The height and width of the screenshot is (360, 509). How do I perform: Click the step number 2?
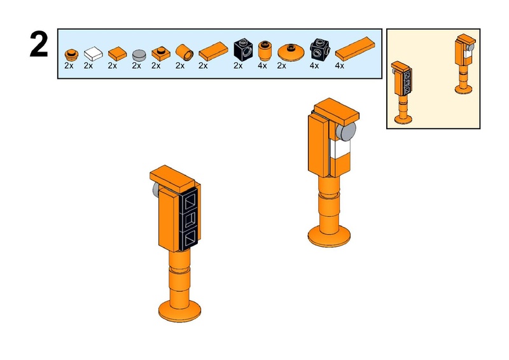pos(39,46)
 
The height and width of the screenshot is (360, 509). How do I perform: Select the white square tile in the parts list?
pos(94,52)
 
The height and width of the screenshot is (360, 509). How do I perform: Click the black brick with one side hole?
pos(242,49)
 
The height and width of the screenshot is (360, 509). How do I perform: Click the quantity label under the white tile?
pos(88,65)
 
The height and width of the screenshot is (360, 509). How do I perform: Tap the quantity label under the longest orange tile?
pos(340,65)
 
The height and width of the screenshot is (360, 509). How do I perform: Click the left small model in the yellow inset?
pos(402,92)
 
